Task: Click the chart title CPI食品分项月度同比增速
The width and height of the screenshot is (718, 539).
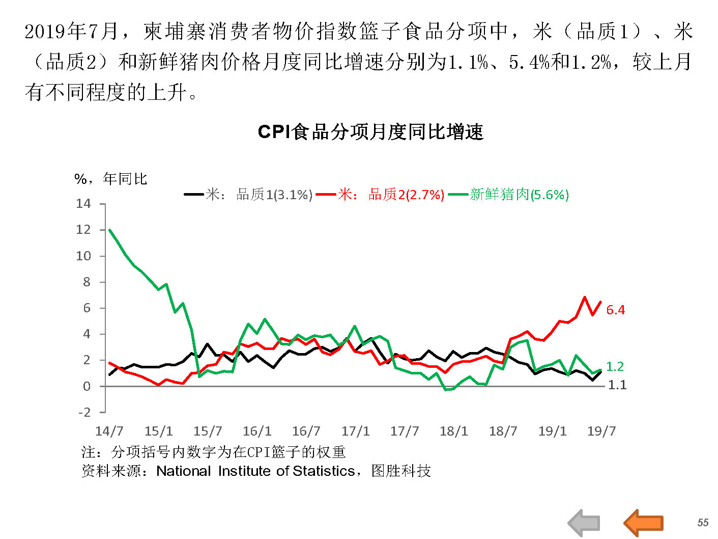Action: click(370, 132)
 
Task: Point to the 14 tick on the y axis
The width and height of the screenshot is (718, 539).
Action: click(83, 204)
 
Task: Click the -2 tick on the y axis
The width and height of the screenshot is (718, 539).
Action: click(84, 412)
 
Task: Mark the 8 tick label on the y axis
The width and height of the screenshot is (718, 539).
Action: click(87, 282)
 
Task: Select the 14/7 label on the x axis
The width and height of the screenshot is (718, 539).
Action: click(109, 432)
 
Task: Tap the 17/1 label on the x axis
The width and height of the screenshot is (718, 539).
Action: click(355, 432)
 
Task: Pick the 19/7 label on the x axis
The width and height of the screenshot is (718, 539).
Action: click(601, 432)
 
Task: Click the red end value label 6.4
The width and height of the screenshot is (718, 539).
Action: click(616, 310)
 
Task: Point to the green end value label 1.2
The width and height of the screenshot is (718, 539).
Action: click(615, 367)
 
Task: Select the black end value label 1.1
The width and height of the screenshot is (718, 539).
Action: click(617, 385)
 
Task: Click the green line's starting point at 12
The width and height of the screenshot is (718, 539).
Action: click(110, 230)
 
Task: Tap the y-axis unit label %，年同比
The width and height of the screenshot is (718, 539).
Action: click(110, 179)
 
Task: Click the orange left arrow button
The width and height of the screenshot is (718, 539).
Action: click(643, 523)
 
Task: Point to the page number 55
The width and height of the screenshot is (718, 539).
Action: click(703, 523)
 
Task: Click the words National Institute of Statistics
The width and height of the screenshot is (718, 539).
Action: click(255, 471)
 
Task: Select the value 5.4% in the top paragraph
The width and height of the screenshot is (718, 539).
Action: click(529, 62)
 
